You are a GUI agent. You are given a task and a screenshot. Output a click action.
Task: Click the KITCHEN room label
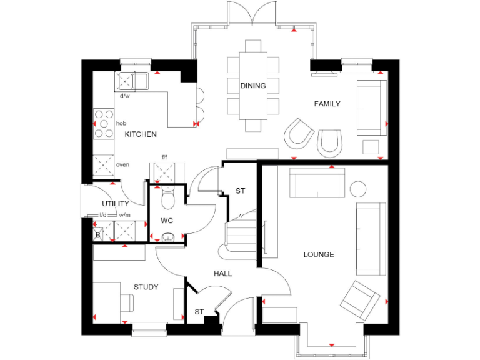point(141,134)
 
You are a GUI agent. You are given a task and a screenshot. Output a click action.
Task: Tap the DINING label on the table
point(253,86)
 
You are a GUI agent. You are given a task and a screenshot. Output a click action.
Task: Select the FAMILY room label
point(327,104)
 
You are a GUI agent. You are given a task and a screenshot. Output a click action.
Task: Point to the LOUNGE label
point(319,254)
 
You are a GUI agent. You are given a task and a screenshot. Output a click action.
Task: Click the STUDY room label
point(146,287)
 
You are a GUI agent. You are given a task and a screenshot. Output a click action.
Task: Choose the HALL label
point(222,274)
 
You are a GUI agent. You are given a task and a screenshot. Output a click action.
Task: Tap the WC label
point(166,221)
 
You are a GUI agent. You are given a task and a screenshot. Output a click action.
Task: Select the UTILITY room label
point(116,204)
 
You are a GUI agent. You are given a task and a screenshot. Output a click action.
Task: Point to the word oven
point(123,164)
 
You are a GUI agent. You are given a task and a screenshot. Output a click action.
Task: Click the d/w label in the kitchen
point(124,96)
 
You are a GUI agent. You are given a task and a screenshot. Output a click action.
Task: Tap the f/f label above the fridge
point(165,157)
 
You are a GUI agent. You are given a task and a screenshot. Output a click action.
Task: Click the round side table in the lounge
point(358,189)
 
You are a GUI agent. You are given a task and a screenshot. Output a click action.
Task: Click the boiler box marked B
point(98,235)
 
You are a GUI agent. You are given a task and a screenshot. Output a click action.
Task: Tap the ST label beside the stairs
point(239,191)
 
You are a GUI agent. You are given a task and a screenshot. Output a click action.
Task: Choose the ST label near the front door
point(199,311)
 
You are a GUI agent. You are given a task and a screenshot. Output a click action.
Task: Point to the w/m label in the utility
point(124,215)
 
